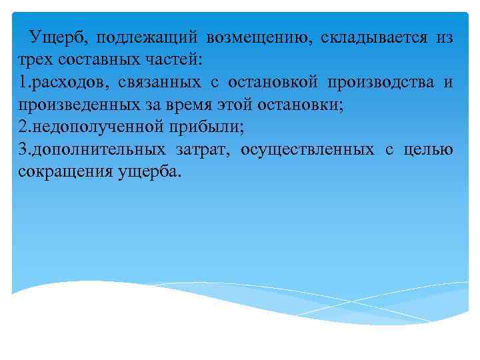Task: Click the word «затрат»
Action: [203, 149]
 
